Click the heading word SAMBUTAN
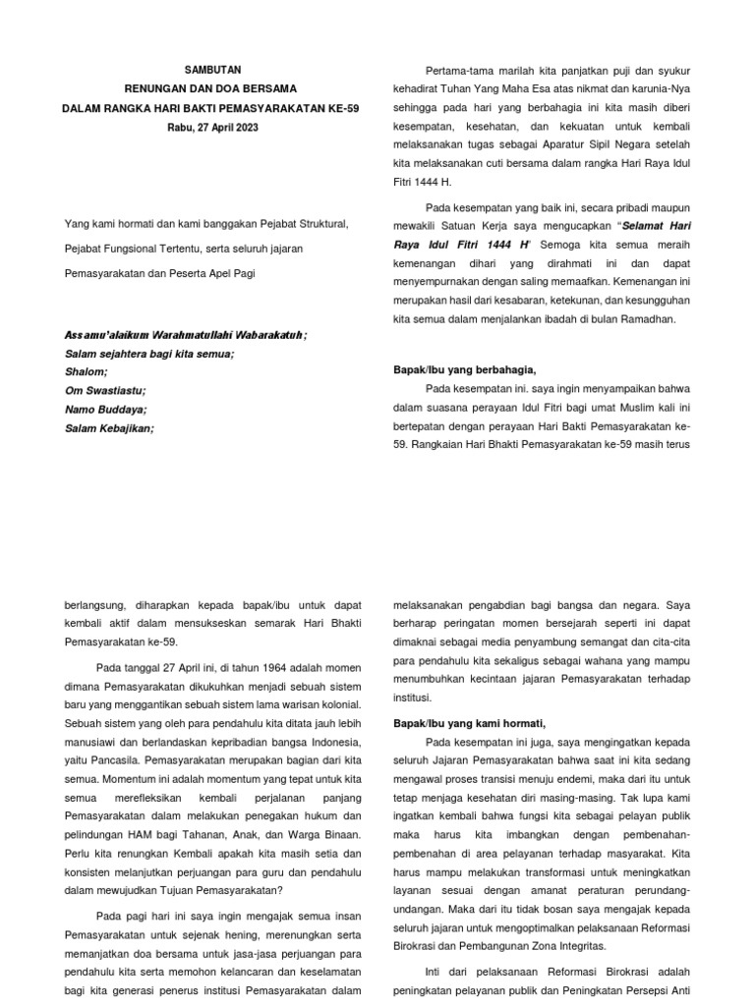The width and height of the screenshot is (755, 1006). [x=212, y=70]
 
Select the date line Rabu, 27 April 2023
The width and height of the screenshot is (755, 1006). [x=212, y=127]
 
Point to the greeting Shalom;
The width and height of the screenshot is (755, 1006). [x=87, y=371]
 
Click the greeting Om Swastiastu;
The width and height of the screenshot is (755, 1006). [x=104, y=390]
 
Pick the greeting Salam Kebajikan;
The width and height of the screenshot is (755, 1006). [x=110, y=427]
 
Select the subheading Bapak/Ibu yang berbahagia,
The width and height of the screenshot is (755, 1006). [x=465, y=369]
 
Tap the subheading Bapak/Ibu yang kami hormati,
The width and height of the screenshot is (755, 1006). [x=470, y=722]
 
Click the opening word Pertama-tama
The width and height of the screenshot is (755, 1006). [x=458, y=71]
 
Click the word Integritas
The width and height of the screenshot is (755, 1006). [x=578, y=946]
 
